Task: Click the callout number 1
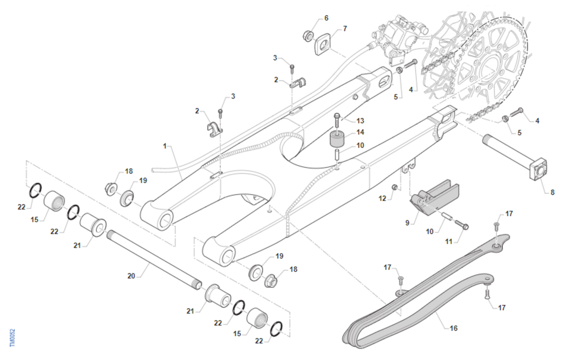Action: [x=165, y=146]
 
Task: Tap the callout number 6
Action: [x=326, y=18]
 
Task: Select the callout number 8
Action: [x=553, y=192]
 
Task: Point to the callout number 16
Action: [x=453, y=328]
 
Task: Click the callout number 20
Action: [x=131, y=276]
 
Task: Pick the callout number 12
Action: [x=382, y=199]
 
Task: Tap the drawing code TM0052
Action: [x=12, y=337]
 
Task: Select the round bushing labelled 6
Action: [x=308, y=36]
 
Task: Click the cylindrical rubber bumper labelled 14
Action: [x=338, y=139]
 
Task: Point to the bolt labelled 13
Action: [x=337, y=121]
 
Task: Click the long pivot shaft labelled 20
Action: [x=154, y=260]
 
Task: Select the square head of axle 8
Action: [x=538, y=169]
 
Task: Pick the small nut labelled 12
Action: [x=395, y=188]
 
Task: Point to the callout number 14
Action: [x=360, y=132]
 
